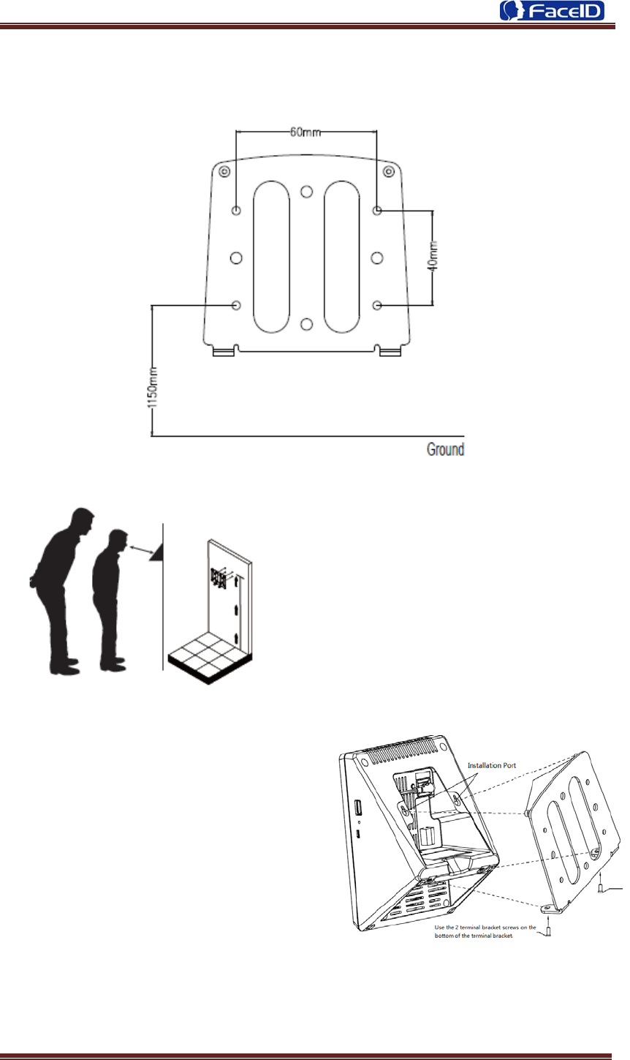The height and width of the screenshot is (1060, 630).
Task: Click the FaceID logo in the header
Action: [x=552, y=12]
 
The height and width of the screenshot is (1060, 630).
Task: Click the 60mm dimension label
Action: [x=305, y=132]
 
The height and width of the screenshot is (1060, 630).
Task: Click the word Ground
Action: [x=445, y=448]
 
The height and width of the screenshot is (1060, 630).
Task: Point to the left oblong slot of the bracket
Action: [x=271, y=257]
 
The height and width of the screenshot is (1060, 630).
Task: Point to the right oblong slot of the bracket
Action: [x=341, y=257]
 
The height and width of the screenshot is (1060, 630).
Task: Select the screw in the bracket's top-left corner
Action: [x=224, y=172]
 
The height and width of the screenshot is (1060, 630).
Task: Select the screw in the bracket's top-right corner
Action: [x=389, y=172]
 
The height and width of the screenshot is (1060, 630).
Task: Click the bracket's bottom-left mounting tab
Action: [x=224, y=352]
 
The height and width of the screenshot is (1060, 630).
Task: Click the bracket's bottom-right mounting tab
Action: [x=390, y=352]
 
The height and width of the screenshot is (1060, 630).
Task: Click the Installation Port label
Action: [x=491, y=765]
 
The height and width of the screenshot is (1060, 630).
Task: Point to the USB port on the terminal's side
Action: [x=357, y=808]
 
